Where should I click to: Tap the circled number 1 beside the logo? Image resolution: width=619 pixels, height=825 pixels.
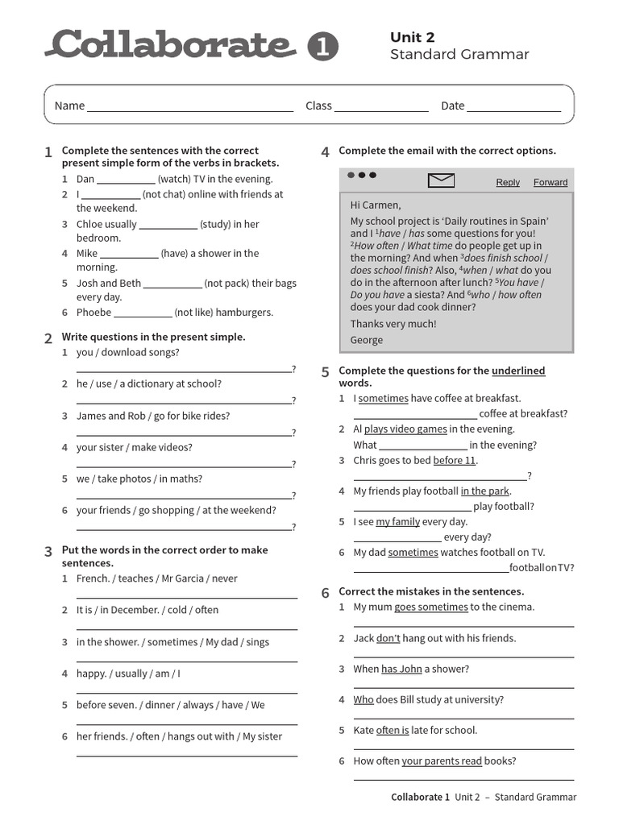coord(322,48)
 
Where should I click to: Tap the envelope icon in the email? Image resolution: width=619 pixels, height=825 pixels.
coord(442,180)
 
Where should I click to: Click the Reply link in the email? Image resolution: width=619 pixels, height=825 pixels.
coord(508,183)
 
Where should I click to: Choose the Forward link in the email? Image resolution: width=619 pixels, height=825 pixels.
coord(550,183)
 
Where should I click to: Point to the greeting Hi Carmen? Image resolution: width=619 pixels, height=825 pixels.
coord(376,205)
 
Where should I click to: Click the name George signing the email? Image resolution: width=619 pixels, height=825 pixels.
coord(367,340)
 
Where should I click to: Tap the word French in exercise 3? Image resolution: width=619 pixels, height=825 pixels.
coord(93,578)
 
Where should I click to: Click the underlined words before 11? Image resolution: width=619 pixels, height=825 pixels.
coord(455,461)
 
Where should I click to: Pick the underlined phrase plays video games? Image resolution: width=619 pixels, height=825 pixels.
coord(405,429)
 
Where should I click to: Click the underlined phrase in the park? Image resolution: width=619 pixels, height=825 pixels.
coord(485,491)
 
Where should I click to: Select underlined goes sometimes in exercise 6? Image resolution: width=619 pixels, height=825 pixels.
coord(430,607)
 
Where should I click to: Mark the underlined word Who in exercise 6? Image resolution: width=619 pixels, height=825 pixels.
coord(364,700)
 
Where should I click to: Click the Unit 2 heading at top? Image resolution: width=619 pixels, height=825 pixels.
coord(412,38)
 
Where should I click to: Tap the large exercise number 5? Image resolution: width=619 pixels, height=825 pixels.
coord(325,372)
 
